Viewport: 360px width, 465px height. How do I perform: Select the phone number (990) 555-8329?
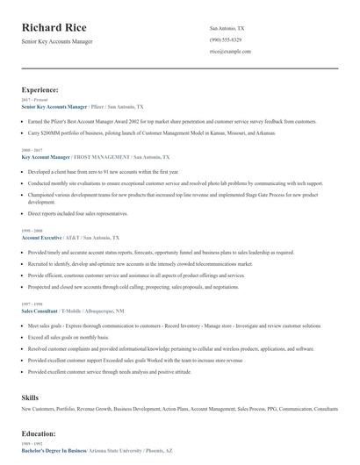226,40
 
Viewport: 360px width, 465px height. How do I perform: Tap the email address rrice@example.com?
230,52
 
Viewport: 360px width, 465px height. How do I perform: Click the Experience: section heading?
40,89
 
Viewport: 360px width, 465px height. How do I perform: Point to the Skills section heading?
30,398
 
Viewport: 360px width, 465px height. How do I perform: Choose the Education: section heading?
38,433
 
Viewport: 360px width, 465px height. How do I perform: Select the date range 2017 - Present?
33,100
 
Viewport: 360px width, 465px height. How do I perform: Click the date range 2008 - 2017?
32,150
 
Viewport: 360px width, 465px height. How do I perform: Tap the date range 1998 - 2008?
32,232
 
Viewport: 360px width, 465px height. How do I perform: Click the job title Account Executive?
41,238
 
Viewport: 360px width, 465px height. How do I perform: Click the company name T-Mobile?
73,311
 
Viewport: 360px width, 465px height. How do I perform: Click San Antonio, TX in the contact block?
227,28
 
